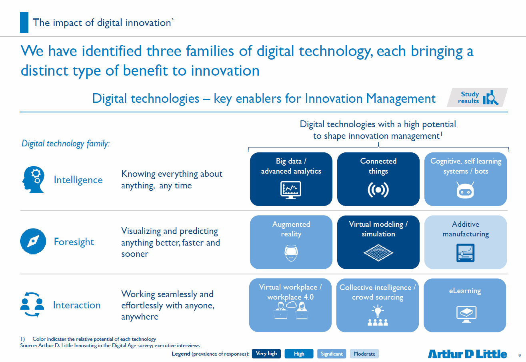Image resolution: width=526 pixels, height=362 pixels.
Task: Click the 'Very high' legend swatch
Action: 266,354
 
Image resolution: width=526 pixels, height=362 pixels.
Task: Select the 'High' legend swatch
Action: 299,354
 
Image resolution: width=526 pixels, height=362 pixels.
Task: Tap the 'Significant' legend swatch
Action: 332,354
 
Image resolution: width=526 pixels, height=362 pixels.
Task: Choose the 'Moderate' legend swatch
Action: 364,354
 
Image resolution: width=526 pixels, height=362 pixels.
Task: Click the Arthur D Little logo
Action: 467,354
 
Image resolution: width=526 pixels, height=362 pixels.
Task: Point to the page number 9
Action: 520,356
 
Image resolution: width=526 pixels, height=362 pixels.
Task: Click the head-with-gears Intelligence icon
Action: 33,180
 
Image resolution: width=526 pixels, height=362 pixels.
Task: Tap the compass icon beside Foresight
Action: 33,241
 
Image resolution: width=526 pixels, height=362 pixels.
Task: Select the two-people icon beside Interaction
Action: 32,304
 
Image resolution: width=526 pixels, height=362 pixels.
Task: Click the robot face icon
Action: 465,190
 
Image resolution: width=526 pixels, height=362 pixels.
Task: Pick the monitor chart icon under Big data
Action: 291,190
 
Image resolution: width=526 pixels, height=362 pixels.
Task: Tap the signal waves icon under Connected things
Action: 378,190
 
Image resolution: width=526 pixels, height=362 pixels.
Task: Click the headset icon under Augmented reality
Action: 291,253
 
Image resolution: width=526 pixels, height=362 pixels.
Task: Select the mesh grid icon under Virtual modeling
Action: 378,253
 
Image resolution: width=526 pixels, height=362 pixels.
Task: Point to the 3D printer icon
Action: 466,253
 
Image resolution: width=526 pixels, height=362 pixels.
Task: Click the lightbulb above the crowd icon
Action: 378,311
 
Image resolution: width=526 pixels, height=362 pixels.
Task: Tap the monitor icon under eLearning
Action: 466,314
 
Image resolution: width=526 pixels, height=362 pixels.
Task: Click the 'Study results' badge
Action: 477,98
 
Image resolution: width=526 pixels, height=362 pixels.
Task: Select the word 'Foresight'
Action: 74,242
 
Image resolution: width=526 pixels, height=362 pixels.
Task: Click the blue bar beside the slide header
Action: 24,22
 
